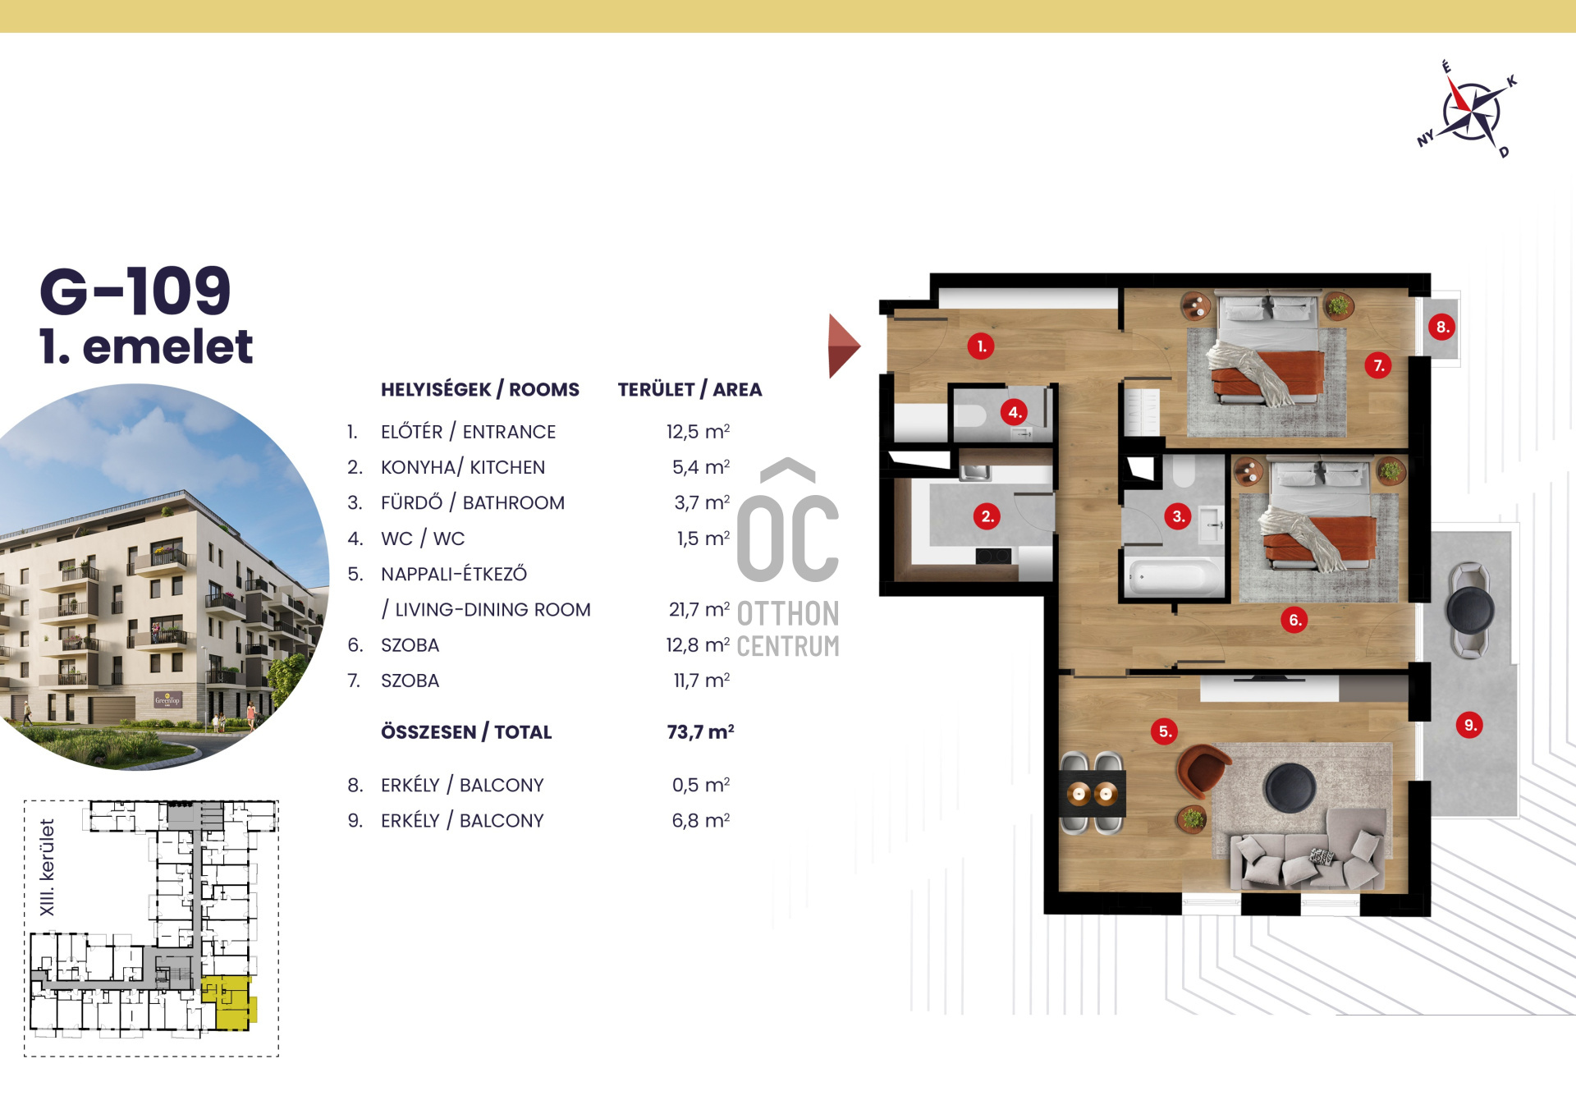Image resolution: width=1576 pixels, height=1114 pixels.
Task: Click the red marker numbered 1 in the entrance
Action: pyautogui.click(x=981, y=346)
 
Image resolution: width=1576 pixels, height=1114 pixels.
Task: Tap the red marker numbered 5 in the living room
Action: pyautogui.click(x=1164, y=731)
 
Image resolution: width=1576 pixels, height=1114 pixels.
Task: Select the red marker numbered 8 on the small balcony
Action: pyautogui.click(x=1441, y=327)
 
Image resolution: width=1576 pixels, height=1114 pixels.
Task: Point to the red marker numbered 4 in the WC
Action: pyautogui.click(x=1015, y=412)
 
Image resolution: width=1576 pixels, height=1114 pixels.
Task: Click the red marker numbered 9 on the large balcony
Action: pyautogui.click(x=1469, y=725)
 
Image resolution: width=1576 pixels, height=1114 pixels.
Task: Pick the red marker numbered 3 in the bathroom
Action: pyautogui.click(x=1178, y=516)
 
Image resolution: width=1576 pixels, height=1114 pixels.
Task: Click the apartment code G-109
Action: pyautogui.click(x=135, y=291)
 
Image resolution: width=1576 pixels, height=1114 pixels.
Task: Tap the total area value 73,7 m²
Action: pyautogui.click(x=700, y=731)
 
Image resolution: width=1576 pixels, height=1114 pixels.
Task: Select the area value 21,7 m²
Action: pyautogui.click(x=699, y=609)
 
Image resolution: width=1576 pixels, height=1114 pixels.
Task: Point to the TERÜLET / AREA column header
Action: pyautogui.click(x=689, y=389)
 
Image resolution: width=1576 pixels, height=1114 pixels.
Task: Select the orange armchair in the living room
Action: pyautogui.click(x=1202, y=770)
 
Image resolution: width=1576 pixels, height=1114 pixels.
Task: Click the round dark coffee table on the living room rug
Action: pyautogui.click(x=1290, y=787)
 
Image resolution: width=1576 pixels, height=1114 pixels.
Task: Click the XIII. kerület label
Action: pyautogui.click(x=47, y=867)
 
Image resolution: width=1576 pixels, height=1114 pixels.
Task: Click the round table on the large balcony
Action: pyautogui.click(x=1470, y=609)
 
